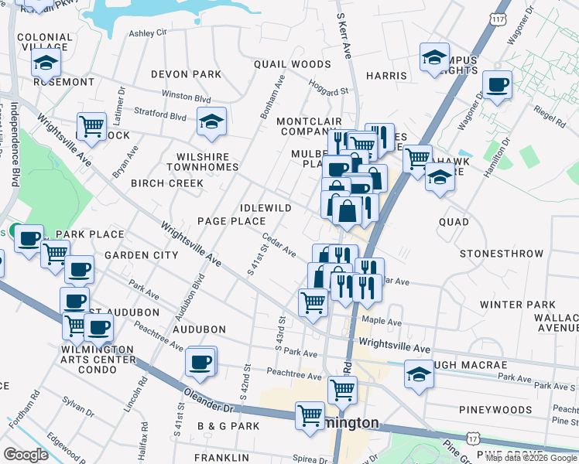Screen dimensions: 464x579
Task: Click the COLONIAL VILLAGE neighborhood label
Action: [x=45, y=42]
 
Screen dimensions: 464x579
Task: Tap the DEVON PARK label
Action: [x=186, y=75]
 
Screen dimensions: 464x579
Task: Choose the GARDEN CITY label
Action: [x=142, y=255]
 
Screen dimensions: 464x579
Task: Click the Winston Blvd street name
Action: [x=186, y=98]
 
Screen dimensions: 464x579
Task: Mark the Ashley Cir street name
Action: [x=148, y=33]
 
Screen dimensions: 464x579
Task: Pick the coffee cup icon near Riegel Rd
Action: [x=497, y=85]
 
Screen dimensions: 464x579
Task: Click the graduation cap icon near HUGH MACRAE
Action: [x=420, y=374]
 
